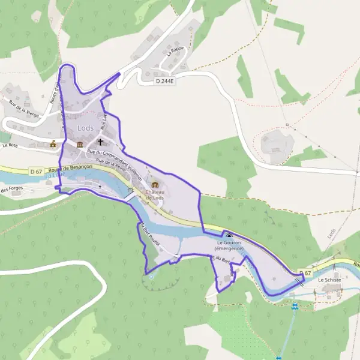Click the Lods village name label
coord(85,129)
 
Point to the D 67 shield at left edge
coord(36,172)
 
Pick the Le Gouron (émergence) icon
coord(229,235)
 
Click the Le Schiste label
coord(329,280)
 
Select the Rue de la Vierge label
coord(23,108)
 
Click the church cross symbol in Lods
coord(100,143)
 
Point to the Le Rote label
coord(10,145)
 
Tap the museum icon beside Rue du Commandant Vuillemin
coord(80,145)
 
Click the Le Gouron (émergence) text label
coord(229,246)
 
